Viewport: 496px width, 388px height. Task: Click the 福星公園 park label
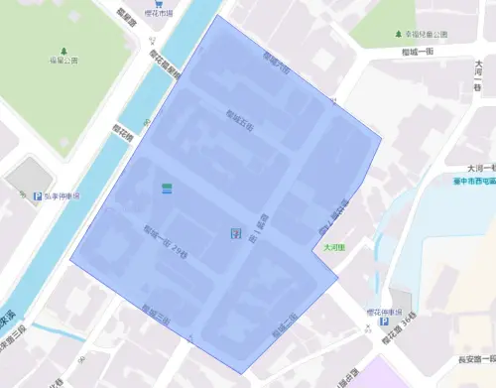tap(63, 61)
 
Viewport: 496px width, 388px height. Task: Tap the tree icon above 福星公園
tap(63, 50)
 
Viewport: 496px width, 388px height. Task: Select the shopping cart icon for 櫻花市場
tap(159, 4)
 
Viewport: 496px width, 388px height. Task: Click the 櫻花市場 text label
tap(159, 14)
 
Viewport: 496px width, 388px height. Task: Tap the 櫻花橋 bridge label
tap(123, 130)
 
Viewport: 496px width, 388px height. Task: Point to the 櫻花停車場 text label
tap(383, 310)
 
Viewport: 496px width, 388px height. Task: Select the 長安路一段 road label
tap(474, 359)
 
